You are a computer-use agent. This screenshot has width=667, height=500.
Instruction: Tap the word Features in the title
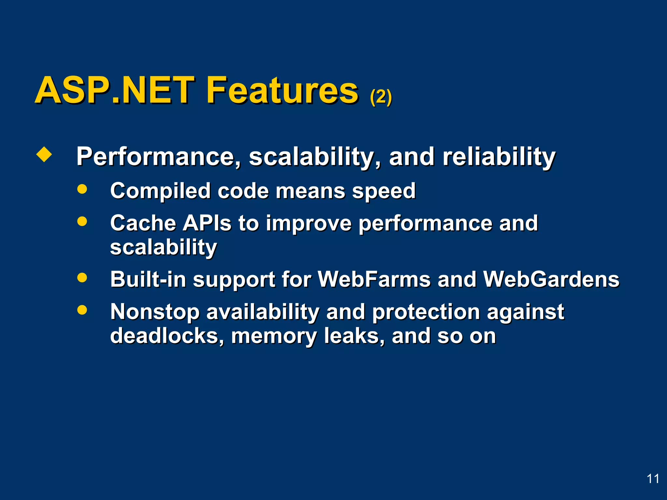pyautogui.click(x=282, y=90)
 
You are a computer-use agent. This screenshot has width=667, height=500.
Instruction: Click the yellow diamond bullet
pyautogui.click(x=44, y=154)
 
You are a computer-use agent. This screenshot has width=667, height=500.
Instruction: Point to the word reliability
pyautogui.click(x=499, y=157)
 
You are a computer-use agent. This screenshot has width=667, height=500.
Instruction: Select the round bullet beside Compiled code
pyautogui.click(x=82, y=189)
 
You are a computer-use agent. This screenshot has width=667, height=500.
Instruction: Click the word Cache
pyautogui.click(x=143, y=223)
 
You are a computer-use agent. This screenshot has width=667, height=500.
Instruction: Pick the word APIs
pyautogui.click(x=207, y=223)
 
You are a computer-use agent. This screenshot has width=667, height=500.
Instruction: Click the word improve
pyautogui.click(x=308, y=224)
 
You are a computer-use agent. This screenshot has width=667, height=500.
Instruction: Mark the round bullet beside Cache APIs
pyautogui.click(x=82, y=221)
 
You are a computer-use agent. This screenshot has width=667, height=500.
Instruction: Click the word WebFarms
pyautogui.click(x=374, y=279)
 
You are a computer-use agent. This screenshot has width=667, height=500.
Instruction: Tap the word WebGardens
pyautogui.click(x=551, y=279)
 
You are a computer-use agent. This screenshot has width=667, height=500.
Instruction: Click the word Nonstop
pyautogui.click(x=155, y=312)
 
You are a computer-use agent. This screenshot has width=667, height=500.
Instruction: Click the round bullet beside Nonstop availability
pyautogui.click(x=82, y=310)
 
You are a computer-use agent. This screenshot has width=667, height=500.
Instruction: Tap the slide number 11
pyautogui.click(x=653, y=479)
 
